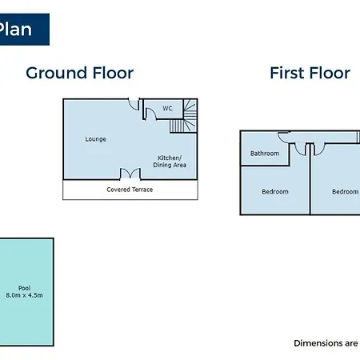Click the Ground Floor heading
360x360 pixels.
pos(79,73)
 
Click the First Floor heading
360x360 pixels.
pos(310,73)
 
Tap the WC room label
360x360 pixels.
pos(167,108)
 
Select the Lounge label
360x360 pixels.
pos(95,139)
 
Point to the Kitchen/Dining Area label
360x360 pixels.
pos(170,162)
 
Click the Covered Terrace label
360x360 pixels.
pos(130,190)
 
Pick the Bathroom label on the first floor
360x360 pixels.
pos(265,154)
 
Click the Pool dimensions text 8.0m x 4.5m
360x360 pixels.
pos(24,295)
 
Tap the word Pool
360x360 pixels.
pos(24,288)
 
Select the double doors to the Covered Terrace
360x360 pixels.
pos(130,174)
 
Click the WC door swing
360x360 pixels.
pos(150,114)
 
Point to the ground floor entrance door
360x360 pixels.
pos(134,104)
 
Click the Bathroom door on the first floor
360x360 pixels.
pos(283,137)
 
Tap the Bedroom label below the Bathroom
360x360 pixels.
pos(275,191)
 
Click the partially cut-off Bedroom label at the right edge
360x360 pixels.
pos(346,191)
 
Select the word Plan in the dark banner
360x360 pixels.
pos(15,29)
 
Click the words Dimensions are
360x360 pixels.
pos(326,343)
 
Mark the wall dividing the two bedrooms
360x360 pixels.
pos(310,178)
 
